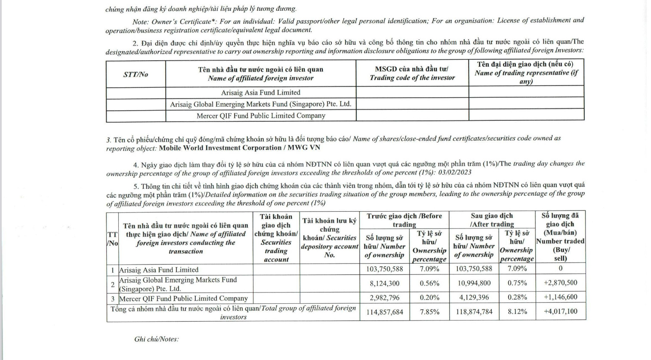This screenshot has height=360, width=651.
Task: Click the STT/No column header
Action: pos(136,74)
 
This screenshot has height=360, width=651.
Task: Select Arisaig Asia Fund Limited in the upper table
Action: pos(261,92)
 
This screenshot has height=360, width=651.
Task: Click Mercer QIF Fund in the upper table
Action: pos(261,116)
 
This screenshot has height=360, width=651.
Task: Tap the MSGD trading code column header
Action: pos(412,74)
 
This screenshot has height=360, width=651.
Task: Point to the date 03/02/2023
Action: pos(455,172)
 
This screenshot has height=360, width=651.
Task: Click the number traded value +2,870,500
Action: pos(560,283)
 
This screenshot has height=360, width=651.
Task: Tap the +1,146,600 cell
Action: pos(560,297)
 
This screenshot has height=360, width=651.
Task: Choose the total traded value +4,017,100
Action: pos(560,311)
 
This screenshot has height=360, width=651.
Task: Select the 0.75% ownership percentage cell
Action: pos(517,283)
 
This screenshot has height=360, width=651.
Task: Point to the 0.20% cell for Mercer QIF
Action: pos(429,298)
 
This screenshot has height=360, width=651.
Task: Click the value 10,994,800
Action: pos(474,283)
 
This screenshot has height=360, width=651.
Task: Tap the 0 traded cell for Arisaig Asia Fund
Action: pos(560,268)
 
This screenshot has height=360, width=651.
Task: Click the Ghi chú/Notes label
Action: pos(156,339)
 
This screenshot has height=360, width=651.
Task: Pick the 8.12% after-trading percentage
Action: pos(517,311)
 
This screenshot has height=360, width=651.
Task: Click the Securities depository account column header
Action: pos(329,238)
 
